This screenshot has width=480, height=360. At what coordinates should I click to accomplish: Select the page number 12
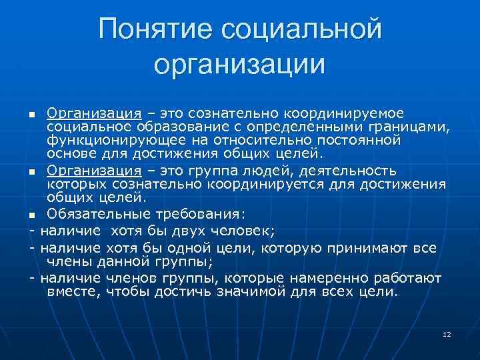click(x=447, y=333)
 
